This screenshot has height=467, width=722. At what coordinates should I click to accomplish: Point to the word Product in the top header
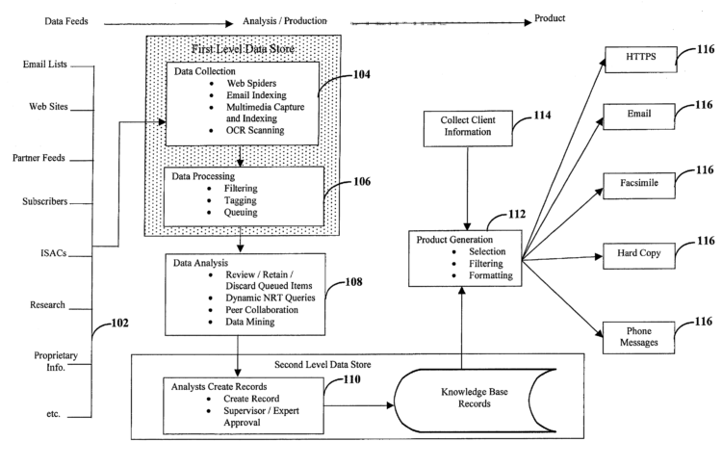pos(547,17)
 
